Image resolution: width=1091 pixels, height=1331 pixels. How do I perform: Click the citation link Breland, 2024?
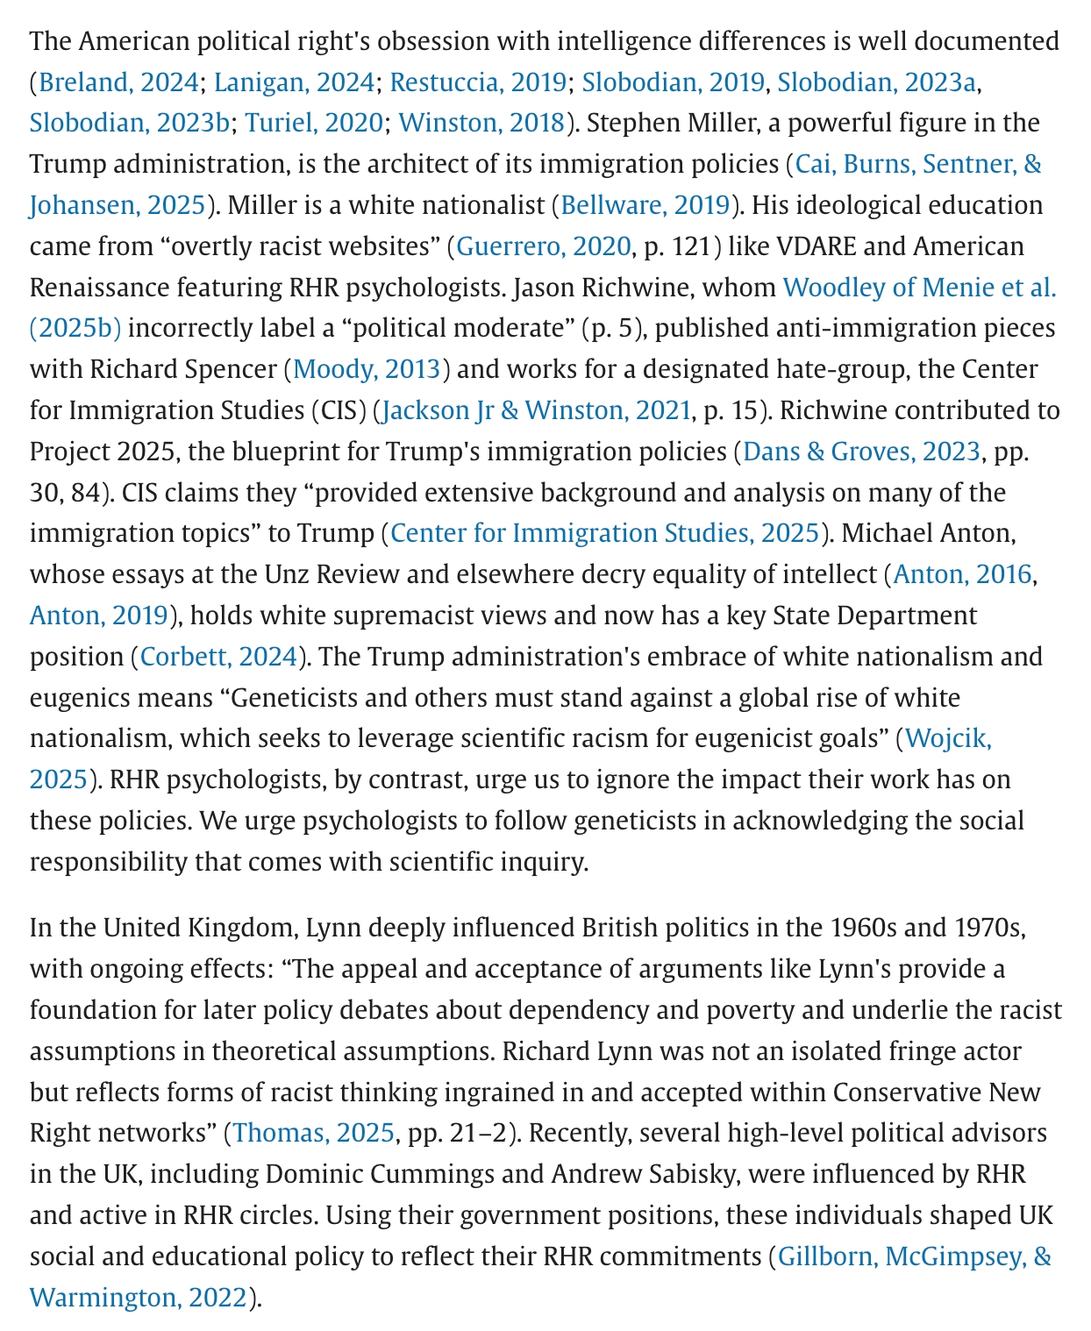click(x=118, y=82)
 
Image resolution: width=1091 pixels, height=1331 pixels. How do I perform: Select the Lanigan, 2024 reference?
click(x=294, y=82)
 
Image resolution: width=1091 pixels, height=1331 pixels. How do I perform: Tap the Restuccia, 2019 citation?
click(x=477, y=82)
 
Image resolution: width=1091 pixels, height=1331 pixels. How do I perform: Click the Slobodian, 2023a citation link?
click(x=876, y=82)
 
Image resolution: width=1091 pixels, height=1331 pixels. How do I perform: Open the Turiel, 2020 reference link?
click(x=313, y=123)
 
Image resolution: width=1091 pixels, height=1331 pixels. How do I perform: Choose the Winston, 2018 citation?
click(x=481, y=123)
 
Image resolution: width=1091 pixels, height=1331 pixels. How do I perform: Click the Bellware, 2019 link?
click(x=645, y=205)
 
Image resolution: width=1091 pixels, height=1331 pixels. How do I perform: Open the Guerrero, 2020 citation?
click(x=543, y=246)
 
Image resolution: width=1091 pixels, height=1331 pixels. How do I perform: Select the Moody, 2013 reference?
click(x=366, y=369)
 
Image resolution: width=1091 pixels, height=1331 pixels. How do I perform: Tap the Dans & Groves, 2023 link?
click(x=861, y=452)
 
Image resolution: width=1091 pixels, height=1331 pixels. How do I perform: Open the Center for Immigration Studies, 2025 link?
click(x=604, y=533)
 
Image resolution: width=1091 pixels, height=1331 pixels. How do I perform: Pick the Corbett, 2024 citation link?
click(x=219, y=657)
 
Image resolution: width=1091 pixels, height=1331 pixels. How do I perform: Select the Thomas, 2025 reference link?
click(x=313, y=1133)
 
